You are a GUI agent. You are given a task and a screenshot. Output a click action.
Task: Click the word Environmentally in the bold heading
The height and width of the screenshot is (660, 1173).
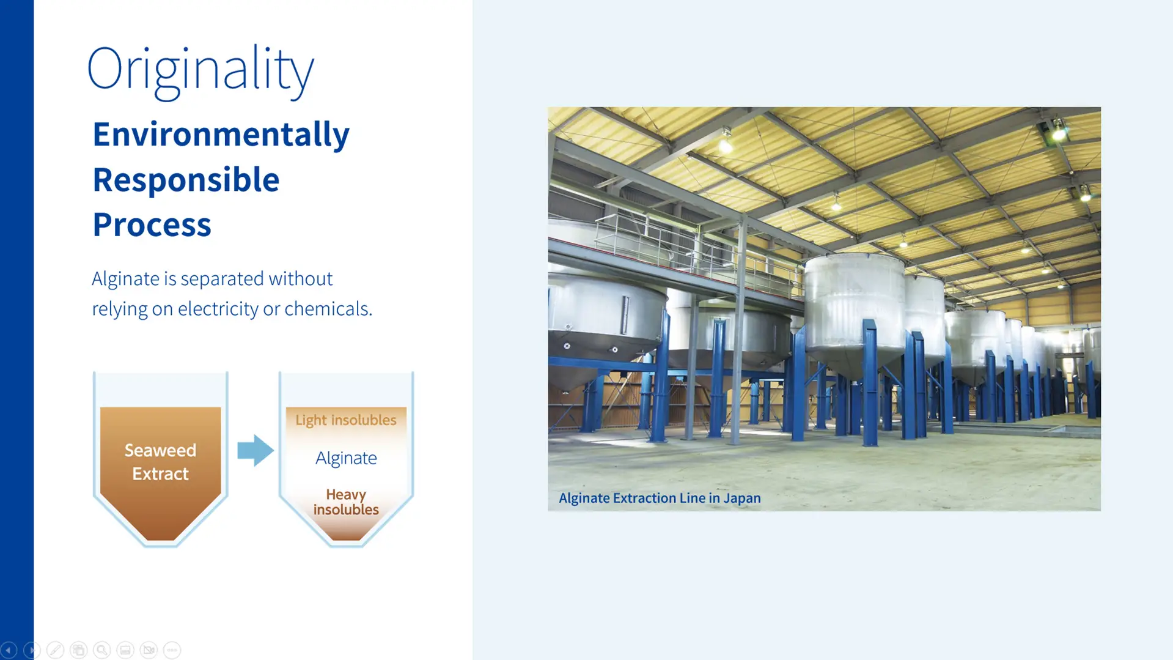[221, 135]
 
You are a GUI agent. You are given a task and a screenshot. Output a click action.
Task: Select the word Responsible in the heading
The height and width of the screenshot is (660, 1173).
[186, 180]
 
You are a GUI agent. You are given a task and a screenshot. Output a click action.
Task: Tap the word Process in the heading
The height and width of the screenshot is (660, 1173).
[152, 224]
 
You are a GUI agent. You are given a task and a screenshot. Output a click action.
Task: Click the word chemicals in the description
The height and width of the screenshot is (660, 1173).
[328, 309]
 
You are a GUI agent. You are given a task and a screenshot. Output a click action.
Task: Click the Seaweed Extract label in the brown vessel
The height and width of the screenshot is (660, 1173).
[160, 462]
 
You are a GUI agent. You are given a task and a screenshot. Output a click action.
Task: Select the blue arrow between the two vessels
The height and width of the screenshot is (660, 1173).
[255, 450]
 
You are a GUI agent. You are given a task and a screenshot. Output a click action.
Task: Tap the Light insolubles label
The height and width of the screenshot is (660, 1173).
[346, 420]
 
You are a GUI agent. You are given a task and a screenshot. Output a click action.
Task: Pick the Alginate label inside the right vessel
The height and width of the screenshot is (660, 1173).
[346, 458]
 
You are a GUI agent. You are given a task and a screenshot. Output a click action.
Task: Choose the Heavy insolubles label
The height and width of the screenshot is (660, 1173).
[346, 502]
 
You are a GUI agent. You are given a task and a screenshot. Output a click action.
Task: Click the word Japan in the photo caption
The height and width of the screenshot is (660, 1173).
[742, 498]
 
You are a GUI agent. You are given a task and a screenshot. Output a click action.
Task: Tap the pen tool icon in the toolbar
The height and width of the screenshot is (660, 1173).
[55, 650]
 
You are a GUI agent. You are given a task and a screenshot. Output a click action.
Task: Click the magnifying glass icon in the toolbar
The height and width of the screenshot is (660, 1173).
[102, 650]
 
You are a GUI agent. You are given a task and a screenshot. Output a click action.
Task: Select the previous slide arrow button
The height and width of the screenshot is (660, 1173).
[9, 650]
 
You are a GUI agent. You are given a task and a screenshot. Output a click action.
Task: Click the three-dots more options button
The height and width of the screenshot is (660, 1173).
[172, 650]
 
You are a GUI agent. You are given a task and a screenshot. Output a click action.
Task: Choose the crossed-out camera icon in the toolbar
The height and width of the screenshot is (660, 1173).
[149, 650]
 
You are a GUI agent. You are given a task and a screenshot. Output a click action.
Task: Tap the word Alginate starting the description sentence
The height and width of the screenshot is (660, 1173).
[125, 279]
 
